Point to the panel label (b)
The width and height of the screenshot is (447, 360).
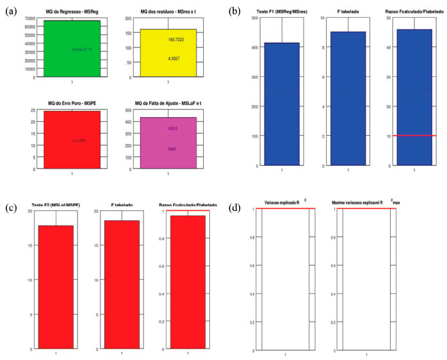coord(234,11)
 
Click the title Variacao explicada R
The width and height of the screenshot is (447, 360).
coord(284,203)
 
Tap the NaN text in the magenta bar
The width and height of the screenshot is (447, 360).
coord(172,148)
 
